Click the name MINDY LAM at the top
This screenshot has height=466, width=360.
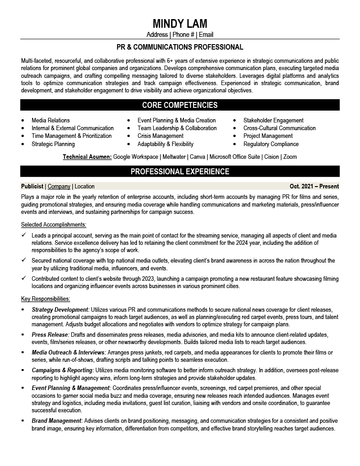[180, 24]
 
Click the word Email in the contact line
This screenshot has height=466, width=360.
[206, 35]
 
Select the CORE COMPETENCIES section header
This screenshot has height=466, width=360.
[180, 105]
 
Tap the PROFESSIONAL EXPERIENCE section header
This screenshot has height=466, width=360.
[180, 172]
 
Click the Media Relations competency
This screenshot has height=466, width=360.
[51, 121]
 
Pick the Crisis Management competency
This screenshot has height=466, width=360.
[160, 136]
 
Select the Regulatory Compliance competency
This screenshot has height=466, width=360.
[271, 144]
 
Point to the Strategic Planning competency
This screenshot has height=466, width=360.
[53, 144]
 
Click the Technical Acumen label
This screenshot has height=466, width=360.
[87, 157]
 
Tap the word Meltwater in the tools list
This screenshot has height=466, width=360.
[173, 157]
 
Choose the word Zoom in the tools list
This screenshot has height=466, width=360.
[290, 157]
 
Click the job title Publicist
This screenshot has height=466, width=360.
[32, 186]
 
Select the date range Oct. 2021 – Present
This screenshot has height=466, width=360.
[314, 186]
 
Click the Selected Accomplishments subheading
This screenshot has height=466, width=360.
[54, 225]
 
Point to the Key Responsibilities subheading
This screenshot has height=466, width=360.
[46, 299]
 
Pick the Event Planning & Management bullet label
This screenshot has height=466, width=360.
[71, 388]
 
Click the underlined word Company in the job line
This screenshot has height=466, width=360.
[59, 186]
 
